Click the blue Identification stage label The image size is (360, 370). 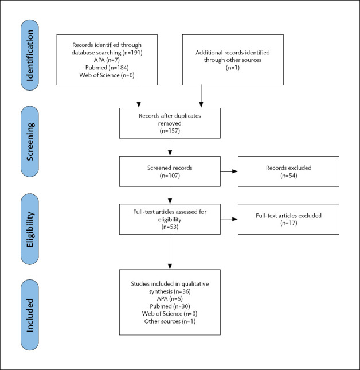(30, 55)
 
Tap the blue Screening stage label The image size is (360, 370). (30, 141)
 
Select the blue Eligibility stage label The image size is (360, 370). (30, 229)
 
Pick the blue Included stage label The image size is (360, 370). (30, 315)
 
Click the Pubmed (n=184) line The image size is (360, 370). (107, 68)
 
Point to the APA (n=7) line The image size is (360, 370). (107, 60)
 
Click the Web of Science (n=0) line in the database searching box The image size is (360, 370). (107, 75)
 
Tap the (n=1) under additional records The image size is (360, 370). (233, 68)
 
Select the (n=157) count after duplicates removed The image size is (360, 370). (170, 131)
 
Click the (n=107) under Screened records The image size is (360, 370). (170, 176)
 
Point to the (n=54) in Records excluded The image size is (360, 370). (288, 176)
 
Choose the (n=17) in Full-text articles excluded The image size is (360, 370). (288, 223)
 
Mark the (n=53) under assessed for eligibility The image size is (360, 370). (170, 227)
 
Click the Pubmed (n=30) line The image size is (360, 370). (170, 306)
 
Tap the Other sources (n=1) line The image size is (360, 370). (170, 321)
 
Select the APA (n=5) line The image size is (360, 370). (170, 299)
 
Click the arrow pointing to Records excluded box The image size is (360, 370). (229, 172)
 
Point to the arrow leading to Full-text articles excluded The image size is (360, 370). (229, 219)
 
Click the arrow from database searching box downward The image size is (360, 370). (139, 96)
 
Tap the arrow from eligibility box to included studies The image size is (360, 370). (170, 252)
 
